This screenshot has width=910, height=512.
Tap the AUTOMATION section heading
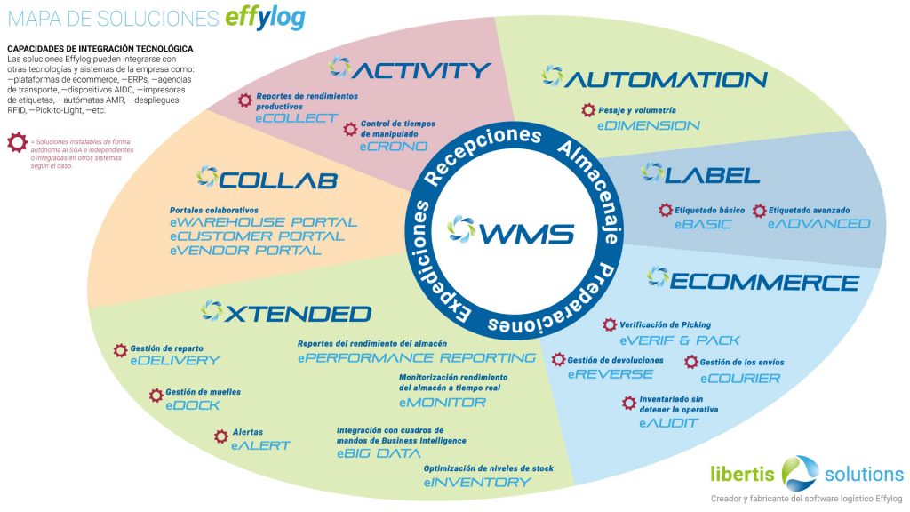(x=666, y=79)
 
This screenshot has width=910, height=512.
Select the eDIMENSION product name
(x=649, y=125)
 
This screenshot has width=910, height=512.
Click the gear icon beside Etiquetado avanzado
(x=759, y=211)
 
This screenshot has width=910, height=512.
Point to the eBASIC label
(x=703, y=224)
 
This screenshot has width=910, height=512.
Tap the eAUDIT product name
(x=668, y=423)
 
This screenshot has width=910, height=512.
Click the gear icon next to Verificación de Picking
(x=610, y=325)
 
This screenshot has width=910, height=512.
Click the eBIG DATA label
(x=378, y=453)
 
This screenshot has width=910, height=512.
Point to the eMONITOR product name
(x=443, y=402)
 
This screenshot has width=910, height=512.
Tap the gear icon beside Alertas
(x=221, y=436)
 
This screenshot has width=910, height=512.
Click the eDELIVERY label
(x=174, y=361)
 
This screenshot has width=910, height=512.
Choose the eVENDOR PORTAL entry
(x=245, y=251)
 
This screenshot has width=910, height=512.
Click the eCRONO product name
(x=394, y=146)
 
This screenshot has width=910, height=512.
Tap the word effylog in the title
(x=264, y=19)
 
